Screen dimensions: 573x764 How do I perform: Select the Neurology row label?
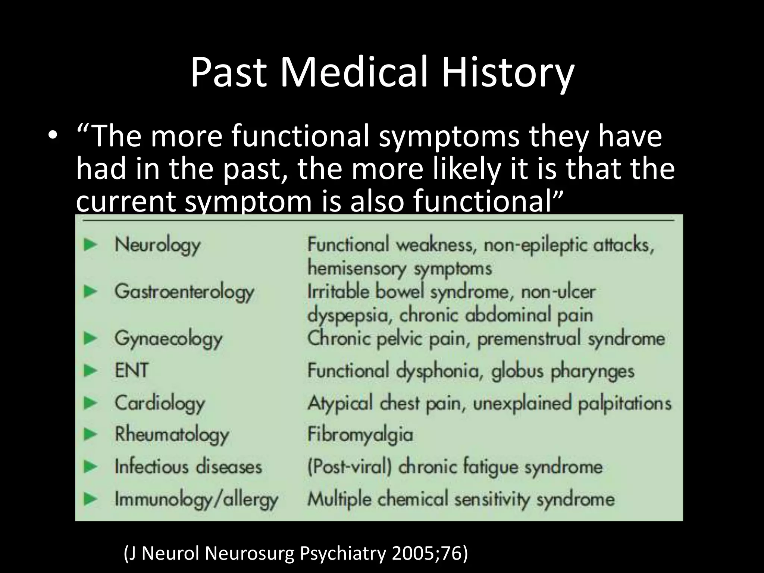[157, 245]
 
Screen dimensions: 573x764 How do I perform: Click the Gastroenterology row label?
[184, 292]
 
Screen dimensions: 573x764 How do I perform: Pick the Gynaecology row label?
[168, 339]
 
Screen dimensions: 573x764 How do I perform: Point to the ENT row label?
[131, 370]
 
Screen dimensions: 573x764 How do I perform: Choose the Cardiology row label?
[160, 403]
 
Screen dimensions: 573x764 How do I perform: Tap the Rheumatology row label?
[172, 435]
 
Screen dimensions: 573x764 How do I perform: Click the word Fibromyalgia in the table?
[360, 435]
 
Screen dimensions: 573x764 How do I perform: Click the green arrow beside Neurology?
[91, 245]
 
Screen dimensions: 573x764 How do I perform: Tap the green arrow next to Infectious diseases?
[91, 467]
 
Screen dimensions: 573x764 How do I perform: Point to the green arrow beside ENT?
[91, 370]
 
